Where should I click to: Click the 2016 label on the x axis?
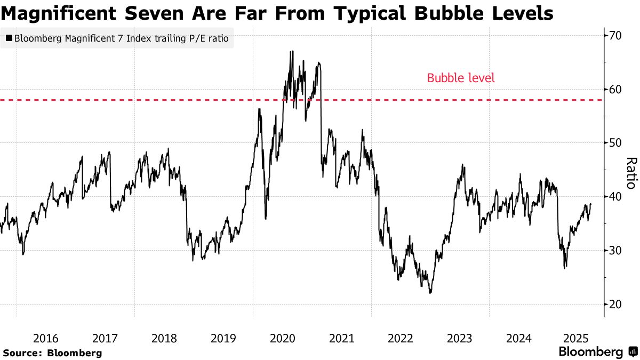(46, 338)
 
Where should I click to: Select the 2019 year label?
(223, 338)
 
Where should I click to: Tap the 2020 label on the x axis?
(282, 338)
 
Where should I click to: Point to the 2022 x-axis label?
(401, 338)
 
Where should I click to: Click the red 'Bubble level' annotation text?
(461, 78)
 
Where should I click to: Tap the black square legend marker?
(9, 39)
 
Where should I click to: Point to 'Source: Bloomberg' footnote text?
(52, 353)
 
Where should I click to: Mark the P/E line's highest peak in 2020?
(292, 51)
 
